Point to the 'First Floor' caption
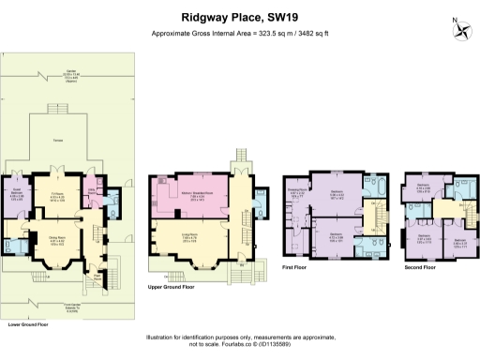pyautogui.click(x=293, y=267)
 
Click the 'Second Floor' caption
pyautogui.click(x=420, y=267)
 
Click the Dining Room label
pyautogui.click(x=57, y=238)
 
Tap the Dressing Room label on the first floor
pyautogui.click(x=297, y=194)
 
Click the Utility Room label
pyautogui.click(x=93, y=191)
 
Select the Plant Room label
pyautogui.click(x=95, y=277)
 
